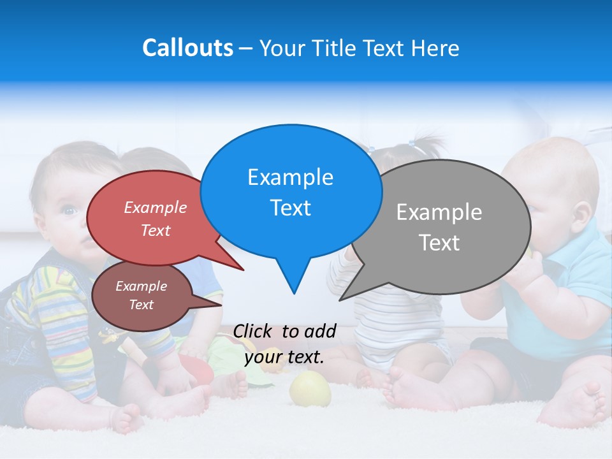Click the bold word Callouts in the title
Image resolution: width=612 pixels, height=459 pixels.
point(187,48)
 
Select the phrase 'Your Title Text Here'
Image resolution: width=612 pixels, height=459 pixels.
point(359,48)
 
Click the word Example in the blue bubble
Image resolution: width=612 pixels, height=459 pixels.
point(290,177)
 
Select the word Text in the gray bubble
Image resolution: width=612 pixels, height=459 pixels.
point(439,243)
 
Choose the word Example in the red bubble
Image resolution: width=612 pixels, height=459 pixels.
point(156,208)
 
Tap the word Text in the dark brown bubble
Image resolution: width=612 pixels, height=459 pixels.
point(142,305)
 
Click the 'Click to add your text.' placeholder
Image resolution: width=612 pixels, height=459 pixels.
point(284,344)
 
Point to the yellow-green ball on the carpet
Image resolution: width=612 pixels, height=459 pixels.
point(310,389)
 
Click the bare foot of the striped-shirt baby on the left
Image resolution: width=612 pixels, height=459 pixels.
point(127,418)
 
